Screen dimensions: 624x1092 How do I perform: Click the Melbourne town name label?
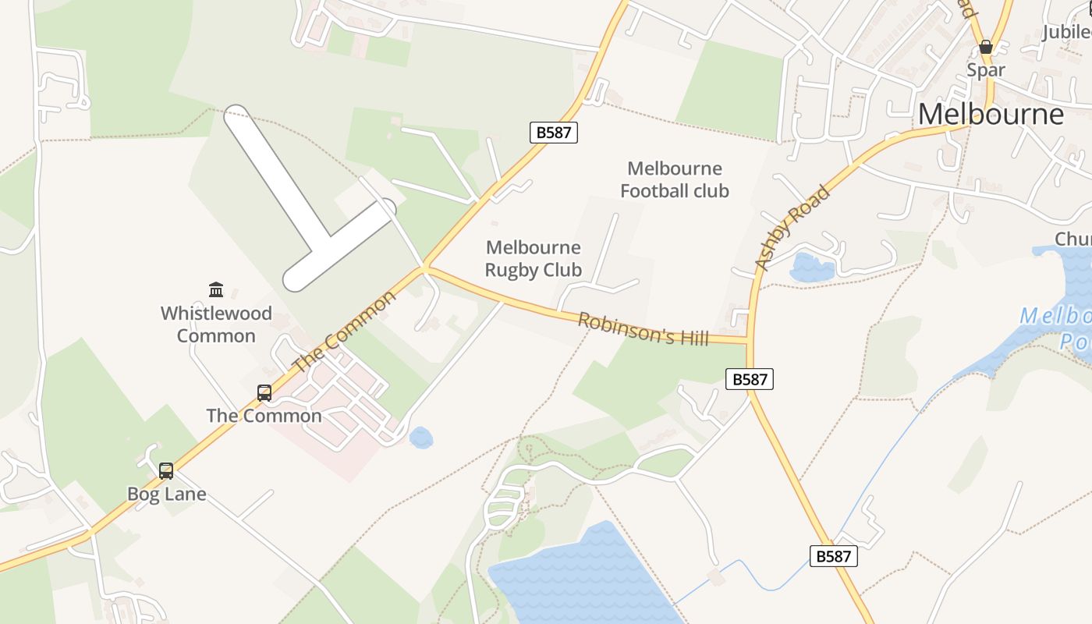pos(991,114)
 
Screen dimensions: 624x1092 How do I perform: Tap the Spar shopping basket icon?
pos(986,47)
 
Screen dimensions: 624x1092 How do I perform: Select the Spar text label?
pos(986,69)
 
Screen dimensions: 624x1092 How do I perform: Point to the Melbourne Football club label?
pos(675,179)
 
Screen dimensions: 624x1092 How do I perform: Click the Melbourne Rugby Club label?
pos(534,259)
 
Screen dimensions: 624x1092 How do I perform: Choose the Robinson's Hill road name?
pos(643,328)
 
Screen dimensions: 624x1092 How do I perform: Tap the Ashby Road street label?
pos(792,228)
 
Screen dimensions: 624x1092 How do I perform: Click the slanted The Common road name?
pos(344,332)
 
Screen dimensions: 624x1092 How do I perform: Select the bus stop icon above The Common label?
pos(264,392)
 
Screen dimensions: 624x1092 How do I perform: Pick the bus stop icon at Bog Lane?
pos(166,470)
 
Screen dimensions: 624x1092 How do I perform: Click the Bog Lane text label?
pos(167,494)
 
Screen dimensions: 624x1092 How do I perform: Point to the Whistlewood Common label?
pos(216,324)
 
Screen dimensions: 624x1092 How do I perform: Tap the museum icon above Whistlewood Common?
pos(216,290)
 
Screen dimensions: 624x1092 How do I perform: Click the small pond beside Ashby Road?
pos(811,268)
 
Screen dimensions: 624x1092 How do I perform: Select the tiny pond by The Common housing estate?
pos(420,438)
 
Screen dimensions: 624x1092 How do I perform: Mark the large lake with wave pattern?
pos(585,577)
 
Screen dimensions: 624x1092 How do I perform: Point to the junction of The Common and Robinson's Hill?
pos(424,269)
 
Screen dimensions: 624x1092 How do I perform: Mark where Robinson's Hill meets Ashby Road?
pos(748,341)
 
